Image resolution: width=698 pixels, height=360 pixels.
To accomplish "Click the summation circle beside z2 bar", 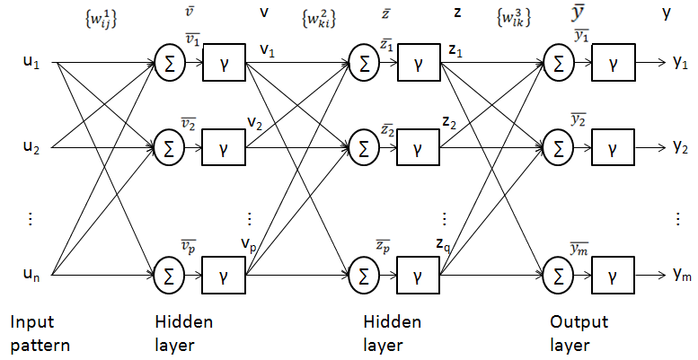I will pyautogui.click(x=364, y=145).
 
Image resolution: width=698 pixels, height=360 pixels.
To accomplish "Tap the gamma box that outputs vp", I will pyautogui.click(x=221, y=274).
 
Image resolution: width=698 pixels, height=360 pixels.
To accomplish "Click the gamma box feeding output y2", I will pyautogui.click(x=612, y=145).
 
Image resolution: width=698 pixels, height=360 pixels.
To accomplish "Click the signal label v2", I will pyautogui.click(x=255, y=121).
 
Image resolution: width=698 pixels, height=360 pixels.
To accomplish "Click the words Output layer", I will pyautogui.click(x=579, y=332).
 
